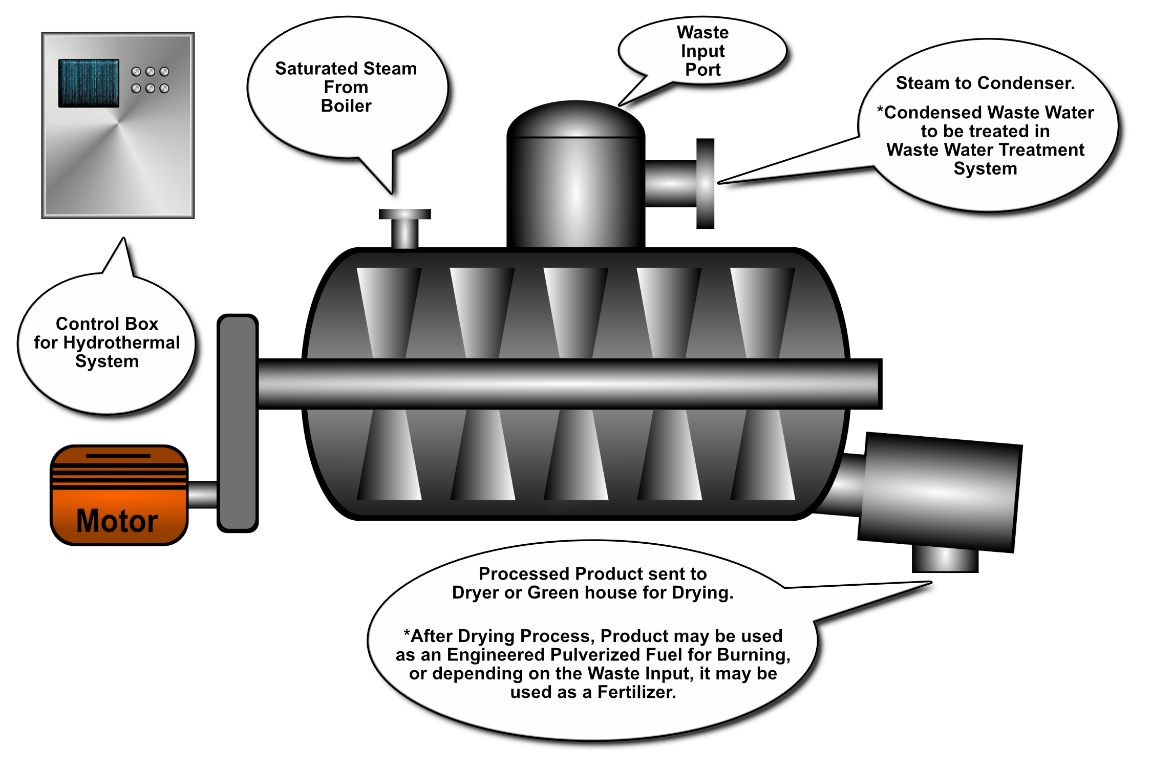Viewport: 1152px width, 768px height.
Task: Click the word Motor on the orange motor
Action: [117, 521]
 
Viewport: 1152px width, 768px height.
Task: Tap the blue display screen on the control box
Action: [89, 83]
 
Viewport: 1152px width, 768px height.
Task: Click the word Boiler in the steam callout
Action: [346, 106]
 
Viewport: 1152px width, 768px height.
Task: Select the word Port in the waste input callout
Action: [703, 70]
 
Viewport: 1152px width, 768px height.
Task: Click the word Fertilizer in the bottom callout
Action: [637, 692]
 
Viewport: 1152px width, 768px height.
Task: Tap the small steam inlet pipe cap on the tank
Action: [404, 214]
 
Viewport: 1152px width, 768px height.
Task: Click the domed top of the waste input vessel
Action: [576, 119]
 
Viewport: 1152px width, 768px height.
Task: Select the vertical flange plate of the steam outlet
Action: [705, 183]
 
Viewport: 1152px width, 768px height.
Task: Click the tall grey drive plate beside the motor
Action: [238, 423]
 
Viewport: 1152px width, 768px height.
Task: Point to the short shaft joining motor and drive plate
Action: [203, 495]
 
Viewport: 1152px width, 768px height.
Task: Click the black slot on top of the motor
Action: [118, 456]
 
